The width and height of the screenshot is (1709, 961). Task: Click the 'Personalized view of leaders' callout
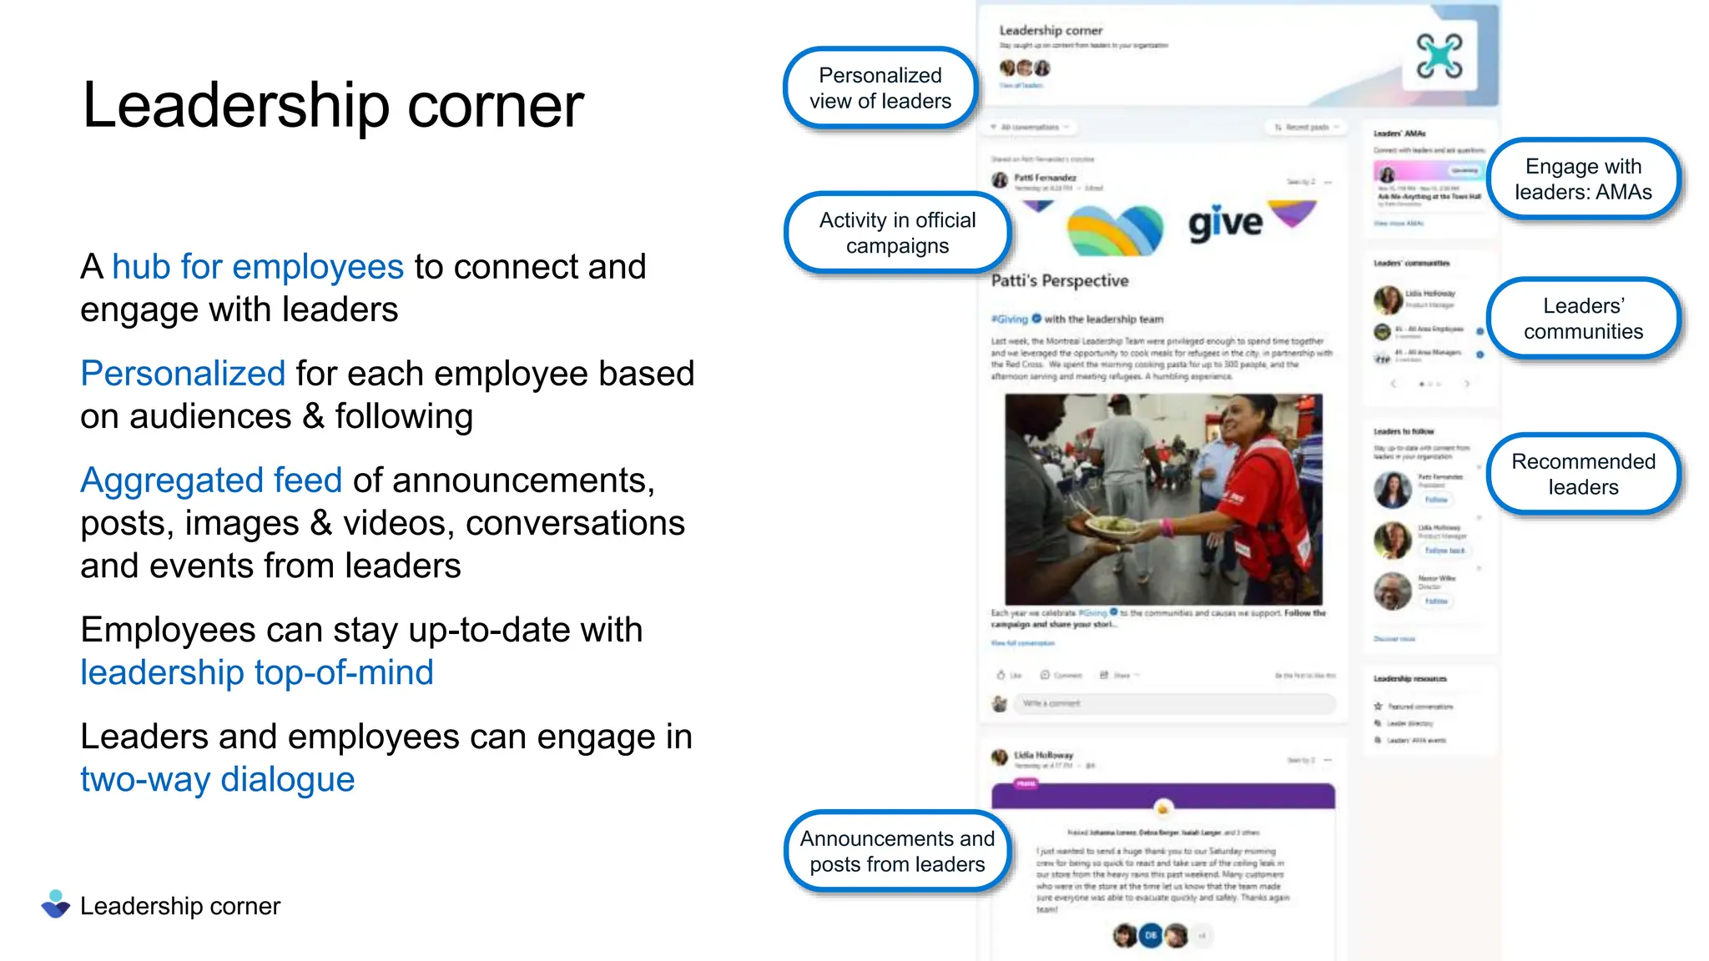[x=880, y=88]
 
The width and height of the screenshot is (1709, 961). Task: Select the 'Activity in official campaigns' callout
[x=897, y=233]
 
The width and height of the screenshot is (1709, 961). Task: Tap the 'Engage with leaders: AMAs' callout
[x=1583, y=179]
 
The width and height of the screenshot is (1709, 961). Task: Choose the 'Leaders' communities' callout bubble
[x=1583, y=319]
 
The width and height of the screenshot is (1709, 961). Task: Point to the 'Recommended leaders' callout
[x=1583, y=474]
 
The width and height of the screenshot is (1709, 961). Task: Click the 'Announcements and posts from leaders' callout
[x=897, y=851]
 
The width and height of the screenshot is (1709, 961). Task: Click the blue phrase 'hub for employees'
[x=258, y=267]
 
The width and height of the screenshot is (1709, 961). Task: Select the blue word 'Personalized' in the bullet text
[x=183, y=374]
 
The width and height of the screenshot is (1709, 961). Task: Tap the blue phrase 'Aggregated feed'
[x=211, y=480]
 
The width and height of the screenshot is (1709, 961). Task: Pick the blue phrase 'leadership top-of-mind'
[x=257, y=672]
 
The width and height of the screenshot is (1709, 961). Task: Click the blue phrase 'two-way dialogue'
[x=218, y=779]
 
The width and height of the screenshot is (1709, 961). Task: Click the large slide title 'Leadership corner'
[x=333, y=106]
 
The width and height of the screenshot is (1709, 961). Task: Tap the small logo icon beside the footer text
[x=56, y=904]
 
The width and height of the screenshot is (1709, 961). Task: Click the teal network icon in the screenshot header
[x=1439, y=56]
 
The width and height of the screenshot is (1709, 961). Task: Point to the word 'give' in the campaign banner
[x=1225, y=223]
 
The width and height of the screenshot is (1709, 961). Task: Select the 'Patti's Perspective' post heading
[x=1060, y=281]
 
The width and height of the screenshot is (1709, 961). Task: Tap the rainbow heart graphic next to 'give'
[x=1116, y=229]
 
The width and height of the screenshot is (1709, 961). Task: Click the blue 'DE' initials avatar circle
[x=1151, y=935]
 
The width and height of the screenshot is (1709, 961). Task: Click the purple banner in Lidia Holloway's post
[x=1163, y=795]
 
